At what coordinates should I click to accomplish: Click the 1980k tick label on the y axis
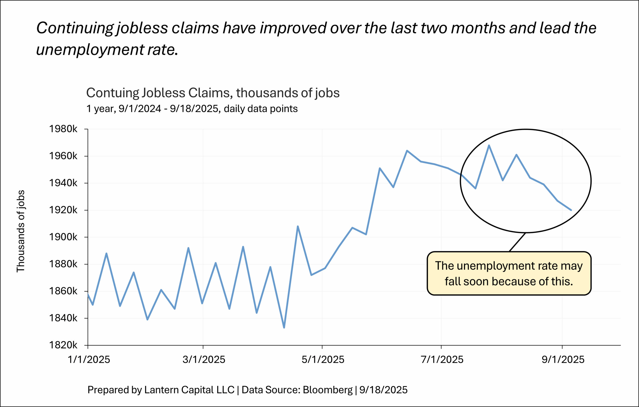click(63, 129)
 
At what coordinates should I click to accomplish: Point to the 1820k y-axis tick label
click(63, 345)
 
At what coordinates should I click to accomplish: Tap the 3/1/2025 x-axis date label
click(204, 360)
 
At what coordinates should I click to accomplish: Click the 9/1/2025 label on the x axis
click(563, 360)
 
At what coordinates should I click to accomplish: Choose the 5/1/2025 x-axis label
click(323, 360)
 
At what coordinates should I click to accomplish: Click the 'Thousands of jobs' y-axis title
click(21, 231)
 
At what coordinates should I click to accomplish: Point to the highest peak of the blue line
click(489, 145)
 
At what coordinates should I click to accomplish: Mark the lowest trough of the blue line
click(284, 328)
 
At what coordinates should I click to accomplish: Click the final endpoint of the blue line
click(571, 210)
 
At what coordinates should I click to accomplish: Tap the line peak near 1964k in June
click(407, 151)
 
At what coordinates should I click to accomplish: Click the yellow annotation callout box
click(509, 273)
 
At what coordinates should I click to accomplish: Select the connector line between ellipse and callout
click(517, 242)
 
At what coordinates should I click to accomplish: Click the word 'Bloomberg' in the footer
click(327, 390)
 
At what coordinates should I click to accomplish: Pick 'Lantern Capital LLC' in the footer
click(189, 390)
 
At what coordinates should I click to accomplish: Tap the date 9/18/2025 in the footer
click(383, 390)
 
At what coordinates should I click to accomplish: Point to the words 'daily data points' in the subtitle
click(261, 109)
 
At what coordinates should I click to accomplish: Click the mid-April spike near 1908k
click(298, 226)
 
